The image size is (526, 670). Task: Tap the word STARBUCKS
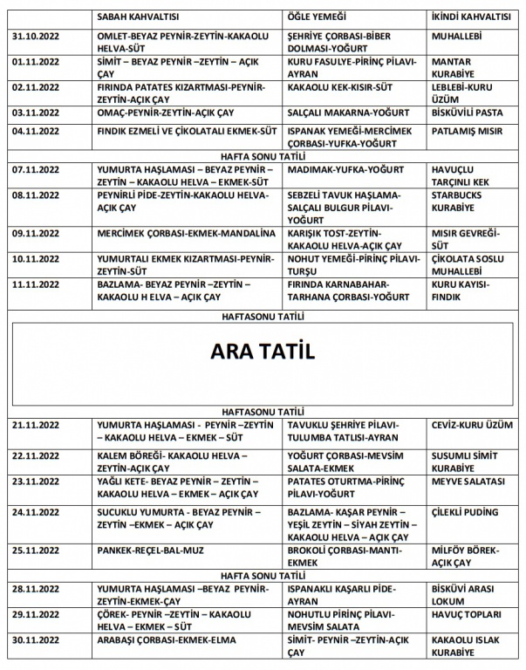pos(457,195)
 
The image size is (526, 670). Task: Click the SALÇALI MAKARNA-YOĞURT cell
pos(342,113)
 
